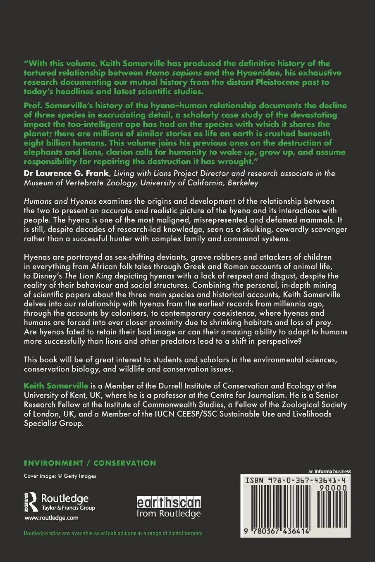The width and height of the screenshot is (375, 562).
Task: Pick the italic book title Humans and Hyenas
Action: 60,201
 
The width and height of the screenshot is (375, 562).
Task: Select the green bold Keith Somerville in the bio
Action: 56,386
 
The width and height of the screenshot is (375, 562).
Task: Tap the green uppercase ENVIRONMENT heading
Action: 53,463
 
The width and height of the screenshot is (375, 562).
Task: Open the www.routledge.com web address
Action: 51,518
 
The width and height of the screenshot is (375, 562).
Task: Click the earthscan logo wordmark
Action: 169,502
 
